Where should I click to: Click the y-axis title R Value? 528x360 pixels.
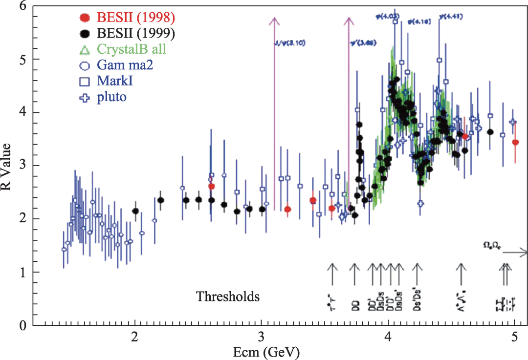coord(8,166)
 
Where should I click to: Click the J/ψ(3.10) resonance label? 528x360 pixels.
coord(290,43)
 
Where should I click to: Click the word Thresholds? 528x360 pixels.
coord(228,296)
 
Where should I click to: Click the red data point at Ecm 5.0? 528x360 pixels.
coord(515,142)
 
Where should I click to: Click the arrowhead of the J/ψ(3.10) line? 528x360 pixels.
coord(274,21)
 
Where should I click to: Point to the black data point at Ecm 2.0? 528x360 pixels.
coord(135,211)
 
